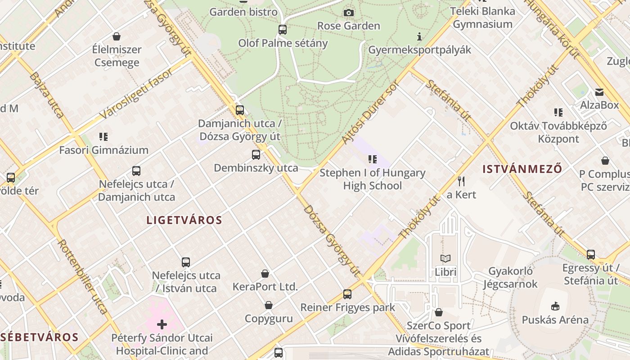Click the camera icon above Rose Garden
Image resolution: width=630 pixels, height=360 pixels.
click(x=349, y=13)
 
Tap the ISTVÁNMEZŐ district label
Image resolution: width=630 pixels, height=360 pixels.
click(x=522, y=169)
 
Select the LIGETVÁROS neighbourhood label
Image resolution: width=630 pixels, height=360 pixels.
click(x=184, y=220)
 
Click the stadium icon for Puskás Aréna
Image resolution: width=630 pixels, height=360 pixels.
click(x=555, y=306)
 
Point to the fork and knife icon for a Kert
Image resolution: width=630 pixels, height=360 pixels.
click(x=461, y=181)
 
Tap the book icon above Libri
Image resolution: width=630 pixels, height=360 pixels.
click(x=445, y=259)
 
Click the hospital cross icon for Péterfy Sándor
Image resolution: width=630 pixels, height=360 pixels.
click(x=162, y=324)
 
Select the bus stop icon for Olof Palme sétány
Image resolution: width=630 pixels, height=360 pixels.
click(x=283, y=30)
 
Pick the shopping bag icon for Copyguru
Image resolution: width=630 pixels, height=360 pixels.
click(x=269, y=306)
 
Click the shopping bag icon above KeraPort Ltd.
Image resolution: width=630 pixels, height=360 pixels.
click(x=265, y=274)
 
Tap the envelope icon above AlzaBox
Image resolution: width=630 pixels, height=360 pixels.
click(x=599, y=92)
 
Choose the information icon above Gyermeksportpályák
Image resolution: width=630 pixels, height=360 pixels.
click(x=419, y=36)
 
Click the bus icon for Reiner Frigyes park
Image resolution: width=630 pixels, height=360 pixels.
click(x=347, y=294)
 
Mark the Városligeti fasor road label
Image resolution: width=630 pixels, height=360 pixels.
click(x=135, y=94)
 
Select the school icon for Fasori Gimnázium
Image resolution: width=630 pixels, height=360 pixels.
click(x=103, y=136)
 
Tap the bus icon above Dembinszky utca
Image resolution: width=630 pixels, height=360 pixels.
click(x=256, y=155)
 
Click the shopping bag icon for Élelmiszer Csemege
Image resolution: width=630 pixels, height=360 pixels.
click(x=117, y=36)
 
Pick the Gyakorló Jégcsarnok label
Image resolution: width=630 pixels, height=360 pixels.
click(x=510, y=278)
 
